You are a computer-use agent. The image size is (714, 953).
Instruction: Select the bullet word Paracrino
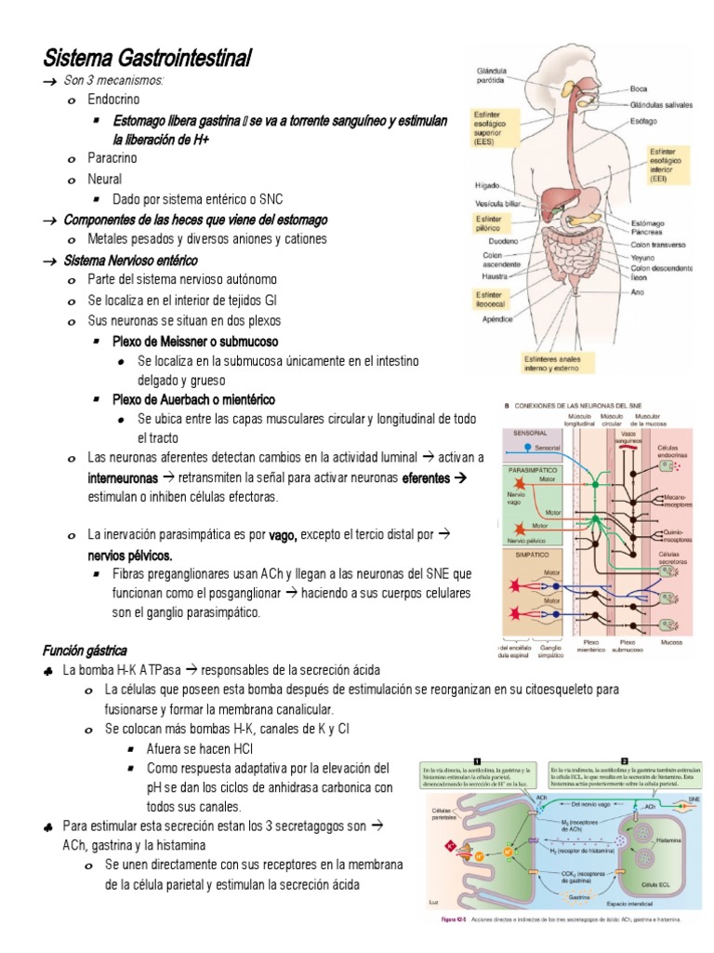coord(111,159)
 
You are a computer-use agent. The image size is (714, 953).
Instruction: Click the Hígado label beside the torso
coord(486,185)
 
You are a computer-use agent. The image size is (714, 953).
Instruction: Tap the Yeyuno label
coord(644,257)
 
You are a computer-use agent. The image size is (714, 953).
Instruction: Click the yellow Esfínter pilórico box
coord(488,223)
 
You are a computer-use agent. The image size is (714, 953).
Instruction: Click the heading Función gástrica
coord(85,649)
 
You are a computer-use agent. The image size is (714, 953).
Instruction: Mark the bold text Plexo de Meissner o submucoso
coord(191,340)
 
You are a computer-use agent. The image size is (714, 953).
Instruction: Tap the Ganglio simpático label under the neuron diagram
coord(550,648)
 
